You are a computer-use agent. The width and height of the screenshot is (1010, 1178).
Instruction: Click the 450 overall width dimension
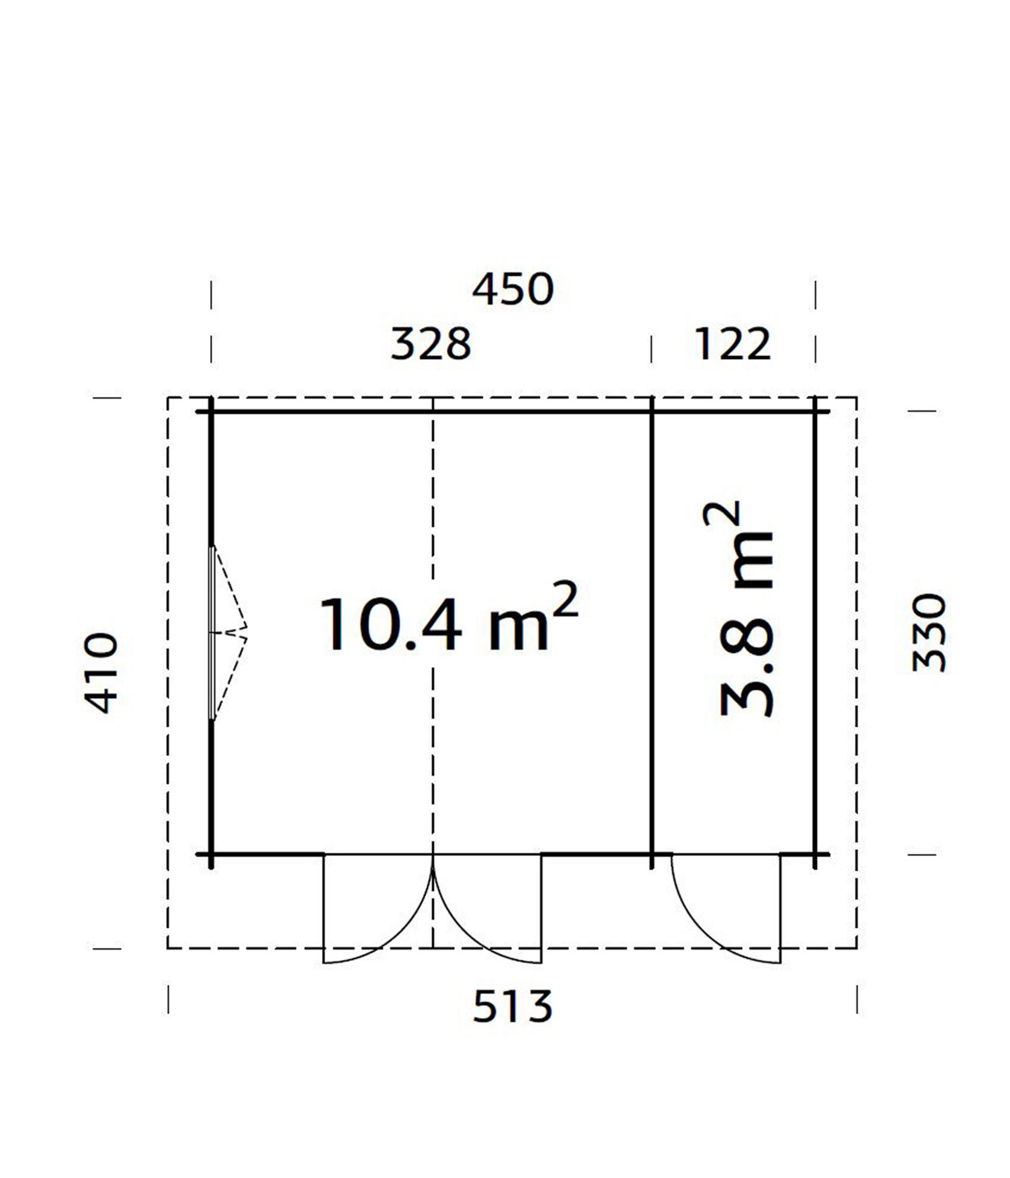pos(512,290)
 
